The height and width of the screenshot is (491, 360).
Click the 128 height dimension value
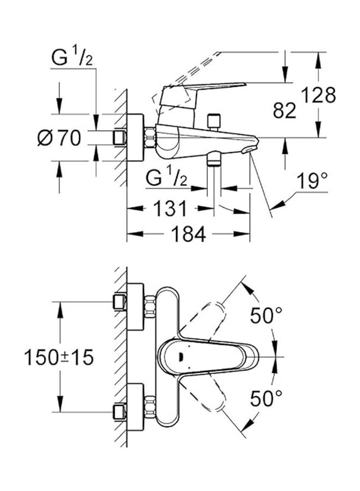tap(319, 95)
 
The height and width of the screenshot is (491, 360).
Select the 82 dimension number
tap(284, 110)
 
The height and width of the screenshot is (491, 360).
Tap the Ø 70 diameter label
tap(59, 138)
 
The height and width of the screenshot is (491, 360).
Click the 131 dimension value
tap(170, 208)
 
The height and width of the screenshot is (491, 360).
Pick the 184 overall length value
tap(188, 234)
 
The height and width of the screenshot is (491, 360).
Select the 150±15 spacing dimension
tap(59, 357)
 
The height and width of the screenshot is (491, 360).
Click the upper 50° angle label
tap(266, 315)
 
